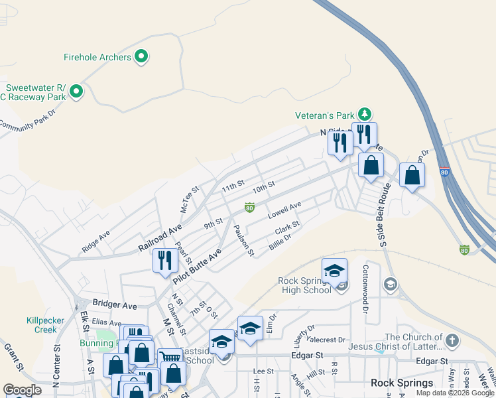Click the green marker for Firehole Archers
[x=141, y=58]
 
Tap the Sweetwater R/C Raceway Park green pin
[x=76, y=92]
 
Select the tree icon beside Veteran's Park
[x=363, y=114]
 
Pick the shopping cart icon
[x=170, y=358]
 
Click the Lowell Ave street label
[x=284, y=211]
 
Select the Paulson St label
[x=243, y=241]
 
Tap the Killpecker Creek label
[x=46, y=324]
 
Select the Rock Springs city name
[x=402, y=383]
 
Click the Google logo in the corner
[x=22, y=390]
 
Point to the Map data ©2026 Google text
[x=455, y=393]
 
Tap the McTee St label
[x=190, y=200]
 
